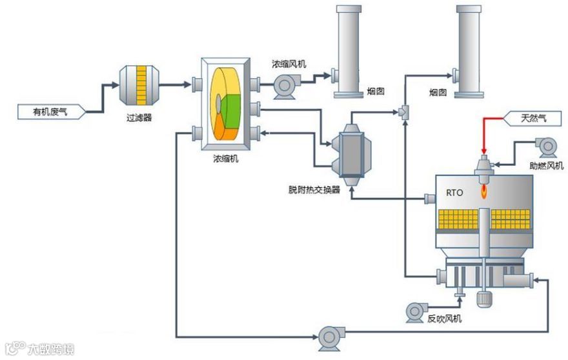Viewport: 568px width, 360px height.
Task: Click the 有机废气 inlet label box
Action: coord(49,112)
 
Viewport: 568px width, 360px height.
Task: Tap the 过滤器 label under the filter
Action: coord(139,118)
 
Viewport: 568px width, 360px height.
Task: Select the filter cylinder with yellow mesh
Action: coord(139,85)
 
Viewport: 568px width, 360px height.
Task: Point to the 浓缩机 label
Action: coord(225,159)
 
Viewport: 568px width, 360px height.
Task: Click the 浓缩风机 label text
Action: coord(289,64)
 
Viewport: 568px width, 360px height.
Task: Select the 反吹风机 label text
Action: coord(445,319)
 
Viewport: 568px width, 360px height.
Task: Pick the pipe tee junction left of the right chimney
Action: coord(403,112)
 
